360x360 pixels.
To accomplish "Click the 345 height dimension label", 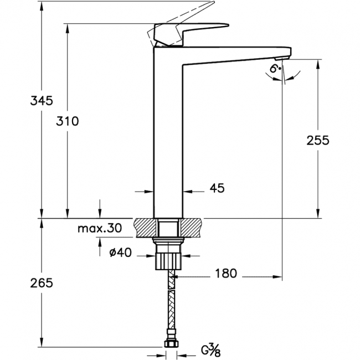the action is [x=42, y=101].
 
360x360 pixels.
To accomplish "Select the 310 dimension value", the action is [x=68, y=121].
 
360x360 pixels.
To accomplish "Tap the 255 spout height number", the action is [x=318, y=140].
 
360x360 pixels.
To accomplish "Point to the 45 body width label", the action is [x=217, y=188].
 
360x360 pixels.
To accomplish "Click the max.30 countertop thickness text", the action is [x=100, y=228].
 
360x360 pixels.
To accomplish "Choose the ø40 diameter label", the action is [x=121, y=253].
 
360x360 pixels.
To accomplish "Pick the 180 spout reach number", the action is [x=225, y=274].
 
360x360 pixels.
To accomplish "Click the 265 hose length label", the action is [x=42, y=283].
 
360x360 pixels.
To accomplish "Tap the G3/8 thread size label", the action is [x=211, y=350].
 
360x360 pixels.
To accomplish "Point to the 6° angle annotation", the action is [x=275, y=68].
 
